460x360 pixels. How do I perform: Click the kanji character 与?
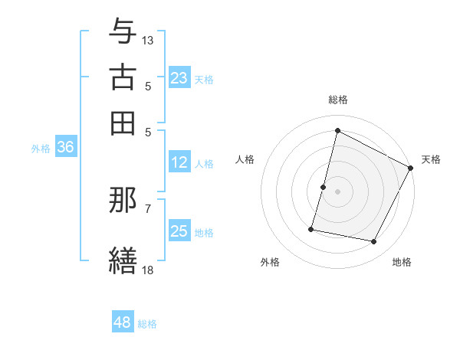[123, 32]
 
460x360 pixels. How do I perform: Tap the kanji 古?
[123, 77]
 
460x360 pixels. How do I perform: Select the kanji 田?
[123, 122]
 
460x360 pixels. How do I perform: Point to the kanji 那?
[123, 201]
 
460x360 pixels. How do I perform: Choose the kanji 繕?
[123, 259]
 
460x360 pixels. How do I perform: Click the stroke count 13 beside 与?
[148, 40]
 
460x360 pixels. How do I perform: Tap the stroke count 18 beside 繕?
[148, 269]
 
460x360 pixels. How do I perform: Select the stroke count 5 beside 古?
[148, 86]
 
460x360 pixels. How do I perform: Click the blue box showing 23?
[179, 77]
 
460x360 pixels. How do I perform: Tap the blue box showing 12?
[179, 162]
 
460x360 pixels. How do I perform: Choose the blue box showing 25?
[179, 232]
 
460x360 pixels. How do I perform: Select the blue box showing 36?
[65, 148]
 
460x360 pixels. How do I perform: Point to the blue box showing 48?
[122, 322]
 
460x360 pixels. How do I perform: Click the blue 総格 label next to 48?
[148, 324]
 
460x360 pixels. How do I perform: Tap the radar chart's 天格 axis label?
[431, 159]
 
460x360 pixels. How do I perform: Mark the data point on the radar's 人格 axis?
[323, 187]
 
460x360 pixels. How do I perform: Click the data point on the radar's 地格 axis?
[374, 242]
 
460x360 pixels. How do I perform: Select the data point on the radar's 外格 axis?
[311, 228]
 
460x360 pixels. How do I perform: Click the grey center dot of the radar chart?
[337, 191]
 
